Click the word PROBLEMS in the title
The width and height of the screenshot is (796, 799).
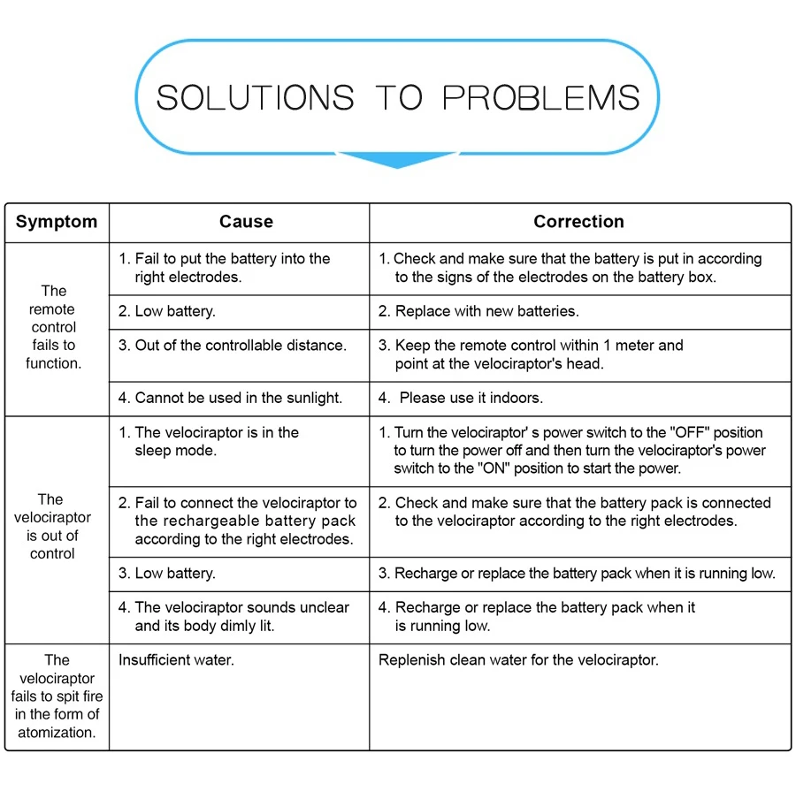540,97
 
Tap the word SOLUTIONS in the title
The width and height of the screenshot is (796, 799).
255,97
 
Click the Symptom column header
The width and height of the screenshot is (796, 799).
57,222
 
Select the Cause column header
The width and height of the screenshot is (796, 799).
246,222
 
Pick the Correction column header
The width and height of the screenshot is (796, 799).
578,222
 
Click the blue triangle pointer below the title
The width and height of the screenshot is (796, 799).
397,160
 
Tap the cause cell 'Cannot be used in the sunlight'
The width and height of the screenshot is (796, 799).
230,398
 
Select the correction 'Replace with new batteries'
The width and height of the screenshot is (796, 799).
478,311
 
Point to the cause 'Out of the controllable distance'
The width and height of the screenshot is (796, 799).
233,346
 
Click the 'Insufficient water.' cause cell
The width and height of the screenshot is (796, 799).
176,660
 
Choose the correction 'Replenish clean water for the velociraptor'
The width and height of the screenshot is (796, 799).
518,660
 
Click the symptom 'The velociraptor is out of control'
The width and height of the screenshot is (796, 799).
52,526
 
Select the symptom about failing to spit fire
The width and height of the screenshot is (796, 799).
57,696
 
